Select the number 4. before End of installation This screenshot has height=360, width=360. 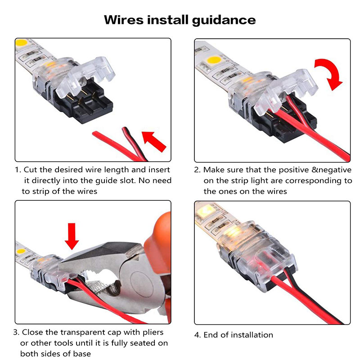pos(198,335)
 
